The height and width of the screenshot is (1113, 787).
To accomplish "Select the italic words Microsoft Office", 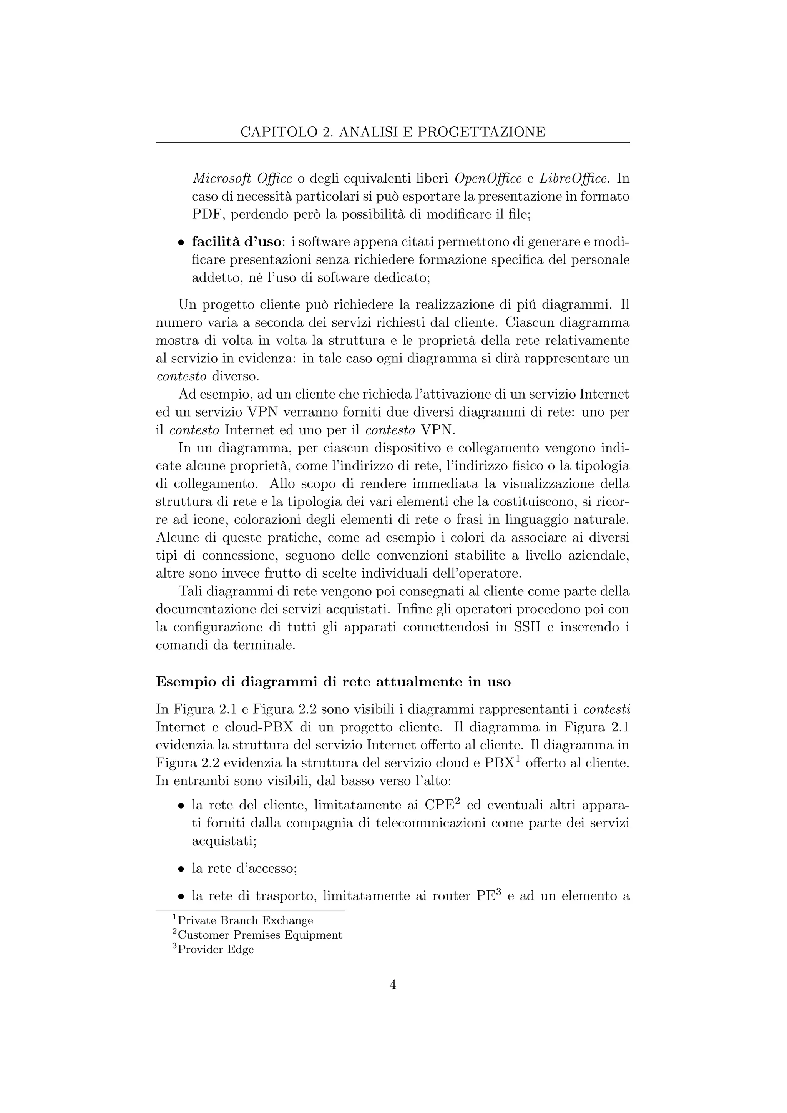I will (x=242, y=179).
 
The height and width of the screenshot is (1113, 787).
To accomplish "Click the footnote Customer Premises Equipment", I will (x=260, y=935).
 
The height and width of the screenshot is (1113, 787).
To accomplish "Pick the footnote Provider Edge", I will (x=216, y=949).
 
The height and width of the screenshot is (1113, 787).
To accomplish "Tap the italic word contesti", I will (x=607, y=710).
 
